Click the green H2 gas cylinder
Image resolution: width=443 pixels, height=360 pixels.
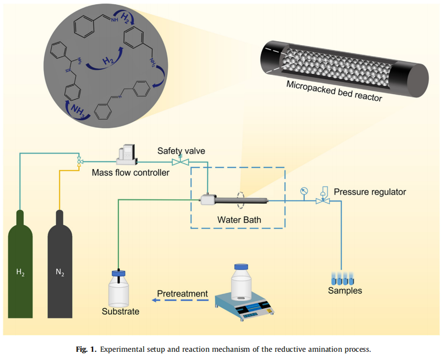click(x=20, y=270)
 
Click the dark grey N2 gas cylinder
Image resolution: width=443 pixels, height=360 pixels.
click(x=60, y=270)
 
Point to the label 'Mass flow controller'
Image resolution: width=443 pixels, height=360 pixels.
click(x=131, y=173)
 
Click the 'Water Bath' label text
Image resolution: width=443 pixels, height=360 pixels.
click(x=238, y=220)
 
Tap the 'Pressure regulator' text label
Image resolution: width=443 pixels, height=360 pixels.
click(x=370, y=192)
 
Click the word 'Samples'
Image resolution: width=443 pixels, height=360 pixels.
click(x=345, y=291)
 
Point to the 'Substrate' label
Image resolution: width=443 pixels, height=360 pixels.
click(x=121, y=312)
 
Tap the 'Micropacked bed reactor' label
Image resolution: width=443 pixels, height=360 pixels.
click(x=334, y=92)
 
